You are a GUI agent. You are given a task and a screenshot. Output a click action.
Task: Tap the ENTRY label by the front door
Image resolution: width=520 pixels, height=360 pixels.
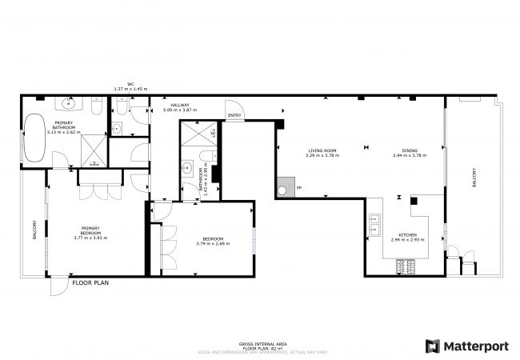click(234, 116)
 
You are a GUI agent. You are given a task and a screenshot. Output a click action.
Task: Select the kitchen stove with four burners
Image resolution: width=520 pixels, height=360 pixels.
click(402, 265)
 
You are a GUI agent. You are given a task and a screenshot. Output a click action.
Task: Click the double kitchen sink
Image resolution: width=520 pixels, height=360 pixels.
click(374, 228)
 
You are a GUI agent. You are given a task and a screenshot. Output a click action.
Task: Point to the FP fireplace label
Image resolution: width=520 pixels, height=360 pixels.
click(299, 188)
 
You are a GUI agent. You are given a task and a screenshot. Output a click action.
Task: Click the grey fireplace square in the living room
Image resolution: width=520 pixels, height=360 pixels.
click(284, 190)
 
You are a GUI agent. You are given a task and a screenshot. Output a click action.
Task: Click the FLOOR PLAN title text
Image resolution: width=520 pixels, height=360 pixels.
click(90, 282)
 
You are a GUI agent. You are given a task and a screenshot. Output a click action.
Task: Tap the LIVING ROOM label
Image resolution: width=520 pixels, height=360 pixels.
click(322, 150)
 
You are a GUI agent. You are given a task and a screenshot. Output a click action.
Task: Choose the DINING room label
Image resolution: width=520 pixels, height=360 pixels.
click(410, 150)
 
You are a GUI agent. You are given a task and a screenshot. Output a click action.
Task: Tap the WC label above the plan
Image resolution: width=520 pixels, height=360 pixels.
click(130, 84)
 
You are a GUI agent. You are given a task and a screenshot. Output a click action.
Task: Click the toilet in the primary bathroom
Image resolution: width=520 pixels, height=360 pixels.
click(95, 109)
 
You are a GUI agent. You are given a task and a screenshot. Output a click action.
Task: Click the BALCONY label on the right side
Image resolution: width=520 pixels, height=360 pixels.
click(474, 178)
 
